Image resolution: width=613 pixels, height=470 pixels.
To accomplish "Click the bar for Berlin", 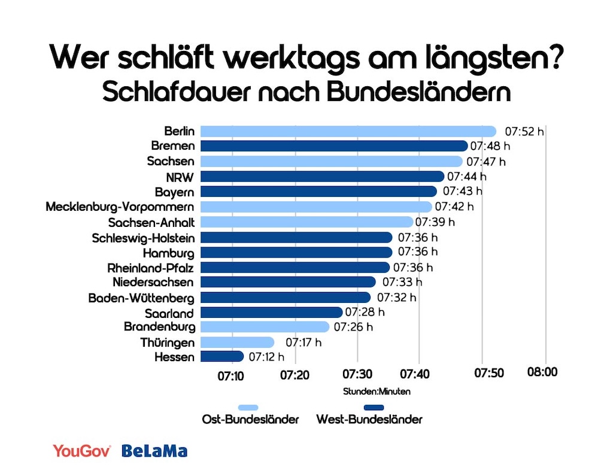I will click(348, 131).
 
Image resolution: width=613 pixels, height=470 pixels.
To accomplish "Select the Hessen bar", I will click(222, 357).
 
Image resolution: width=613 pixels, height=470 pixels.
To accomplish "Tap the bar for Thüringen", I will click(237, 342).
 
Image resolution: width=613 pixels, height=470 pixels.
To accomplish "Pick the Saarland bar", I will click(271, 312).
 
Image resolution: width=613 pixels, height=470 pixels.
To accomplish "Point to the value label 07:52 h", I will click(524, 131).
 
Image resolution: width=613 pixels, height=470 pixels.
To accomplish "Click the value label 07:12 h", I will click(266, 357).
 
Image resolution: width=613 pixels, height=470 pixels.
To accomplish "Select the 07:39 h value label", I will click(435, 222).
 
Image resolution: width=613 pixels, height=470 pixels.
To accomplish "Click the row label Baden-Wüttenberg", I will click(141, 297).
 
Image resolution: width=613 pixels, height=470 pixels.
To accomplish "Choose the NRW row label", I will click(180, 177).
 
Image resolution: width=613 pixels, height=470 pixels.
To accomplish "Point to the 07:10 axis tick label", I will click(230, 375).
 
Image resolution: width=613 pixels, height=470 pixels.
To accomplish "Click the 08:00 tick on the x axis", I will click(542, 372).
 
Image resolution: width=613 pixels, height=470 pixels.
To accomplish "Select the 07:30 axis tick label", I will click(357, 374).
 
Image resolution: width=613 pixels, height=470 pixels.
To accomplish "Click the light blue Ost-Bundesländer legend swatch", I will click(248, 407).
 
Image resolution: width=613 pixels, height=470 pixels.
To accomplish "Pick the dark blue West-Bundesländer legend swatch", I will click(369, 407).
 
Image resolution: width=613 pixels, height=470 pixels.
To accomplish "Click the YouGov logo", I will click(82, 451).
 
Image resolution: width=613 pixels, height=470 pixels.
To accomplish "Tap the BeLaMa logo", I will click(154, 451).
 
